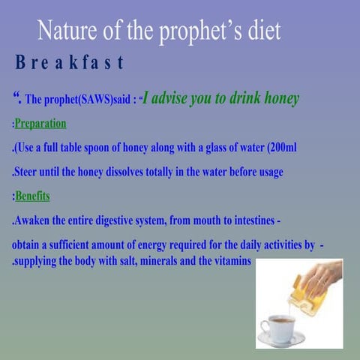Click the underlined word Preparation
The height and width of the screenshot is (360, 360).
(x=40, y=123)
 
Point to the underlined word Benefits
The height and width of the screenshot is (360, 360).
(x=32, y=196)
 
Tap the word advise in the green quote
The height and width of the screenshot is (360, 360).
(x=175, y=98)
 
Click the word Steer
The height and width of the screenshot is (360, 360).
(x=26, y=172)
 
